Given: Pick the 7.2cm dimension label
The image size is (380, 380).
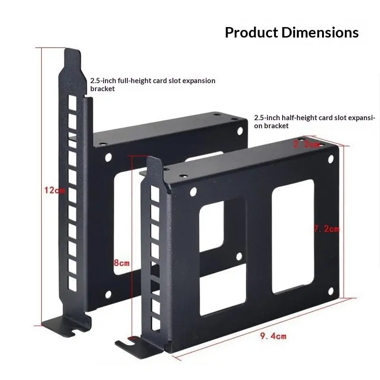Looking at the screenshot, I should pyautogui.click(x=326, y=229).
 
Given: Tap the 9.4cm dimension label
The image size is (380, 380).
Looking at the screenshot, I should pyautogui.click(x=273, y=336).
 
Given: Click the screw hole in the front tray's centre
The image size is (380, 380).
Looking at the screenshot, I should pyautogui.click(x=239, y=256).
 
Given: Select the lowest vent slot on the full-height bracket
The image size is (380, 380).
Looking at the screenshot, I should pyautogui.click(x=72, y=284).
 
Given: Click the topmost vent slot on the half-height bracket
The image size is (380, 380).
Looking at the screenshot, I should pyautogui.click(x=153, y=193).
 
